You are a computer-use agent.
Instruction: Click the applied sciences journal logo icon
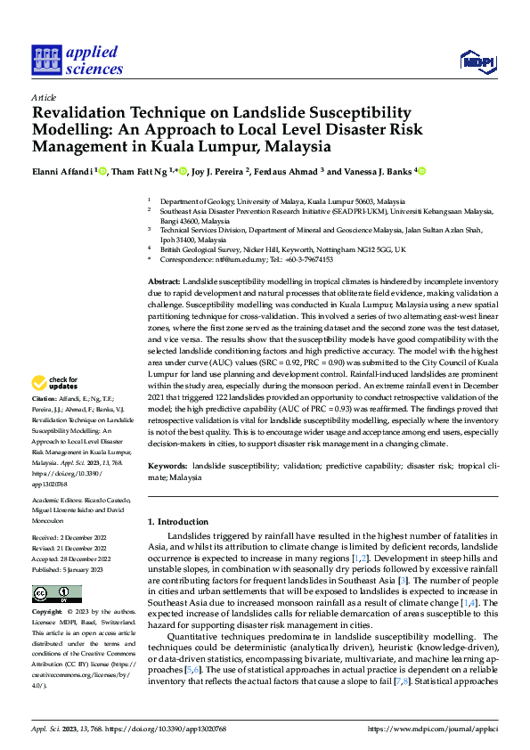pos(45,61)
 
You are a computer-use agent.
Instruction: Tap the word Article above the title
pos(43,97)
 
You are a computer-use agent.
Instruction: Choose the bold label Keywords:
pos(167,466)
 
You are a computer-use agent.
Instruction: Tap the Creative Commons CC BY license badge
pos(57,594)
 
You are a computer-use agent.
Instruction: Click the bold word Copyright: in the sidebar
pos(48,614)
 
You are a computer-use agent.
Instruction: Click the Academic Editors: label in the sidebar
pos(61,501)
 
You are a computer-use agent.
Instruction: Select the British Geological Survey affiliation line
pos(282,249)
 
